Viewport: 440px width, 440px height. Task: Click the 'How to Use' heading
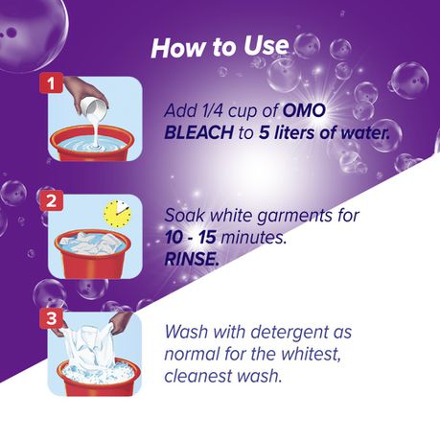[x=220, y=47]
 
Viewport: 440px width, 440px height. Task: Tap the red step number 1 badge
[x=51, y=83]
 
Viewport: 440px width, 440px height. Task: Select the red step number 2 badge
[x=51, y=201]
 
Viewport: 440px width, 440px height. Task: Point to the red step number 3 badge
[x=51, y=318]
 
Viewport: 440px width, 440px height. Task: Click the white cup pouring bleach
[x=94, y=108]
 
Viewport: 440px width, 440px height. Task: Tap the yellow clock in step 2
[x=117, y=214]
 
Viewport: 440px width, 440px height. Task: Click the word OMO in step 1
[x=304, y=110]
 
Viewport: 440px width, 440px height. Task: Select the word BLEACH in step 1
[x=198, y=132]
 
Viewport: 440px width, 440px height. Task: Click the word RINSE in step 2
[x=192, y=259]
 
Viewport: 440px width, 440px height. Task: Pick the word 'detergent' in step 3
[x=289, y=332]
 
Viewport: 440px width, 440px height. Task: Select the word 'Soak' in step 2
[x=184, y=216]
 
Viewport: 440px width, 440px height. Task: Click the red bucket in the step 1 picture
[x=93, y=143]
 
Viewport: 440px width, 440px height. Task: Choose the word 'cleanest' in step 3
[x=198, y=376]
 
